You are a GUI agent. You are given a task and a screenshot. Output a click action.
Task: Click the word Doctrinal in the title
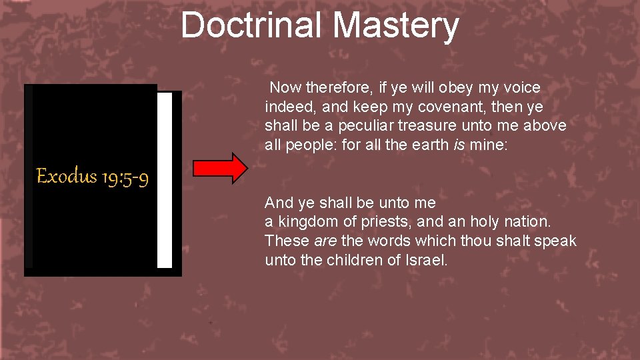pyautogui.click(x=251, y=25)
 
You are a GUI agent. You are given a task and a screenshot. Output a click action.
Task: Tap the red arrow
pyautogui.click(x=220, y=167)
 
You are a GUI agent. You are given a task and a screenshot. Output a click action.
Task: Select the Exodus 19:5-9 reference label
pyautogui.click(x=92, y=177)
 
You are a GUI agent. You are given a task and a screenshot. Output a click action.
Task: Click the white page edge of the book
pyautogui.click(x=165, y=180)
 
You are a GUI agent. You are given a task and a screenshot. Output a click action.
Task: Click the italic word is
pyautogui.click(x=457, y=145)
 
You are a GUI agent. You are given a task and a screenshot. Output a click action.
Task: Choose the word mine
pyautogui.click(x=489, y=145)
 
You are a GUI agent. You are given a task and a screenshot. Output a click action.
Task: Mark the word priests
pyautogui.click(x=382, y=221)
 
